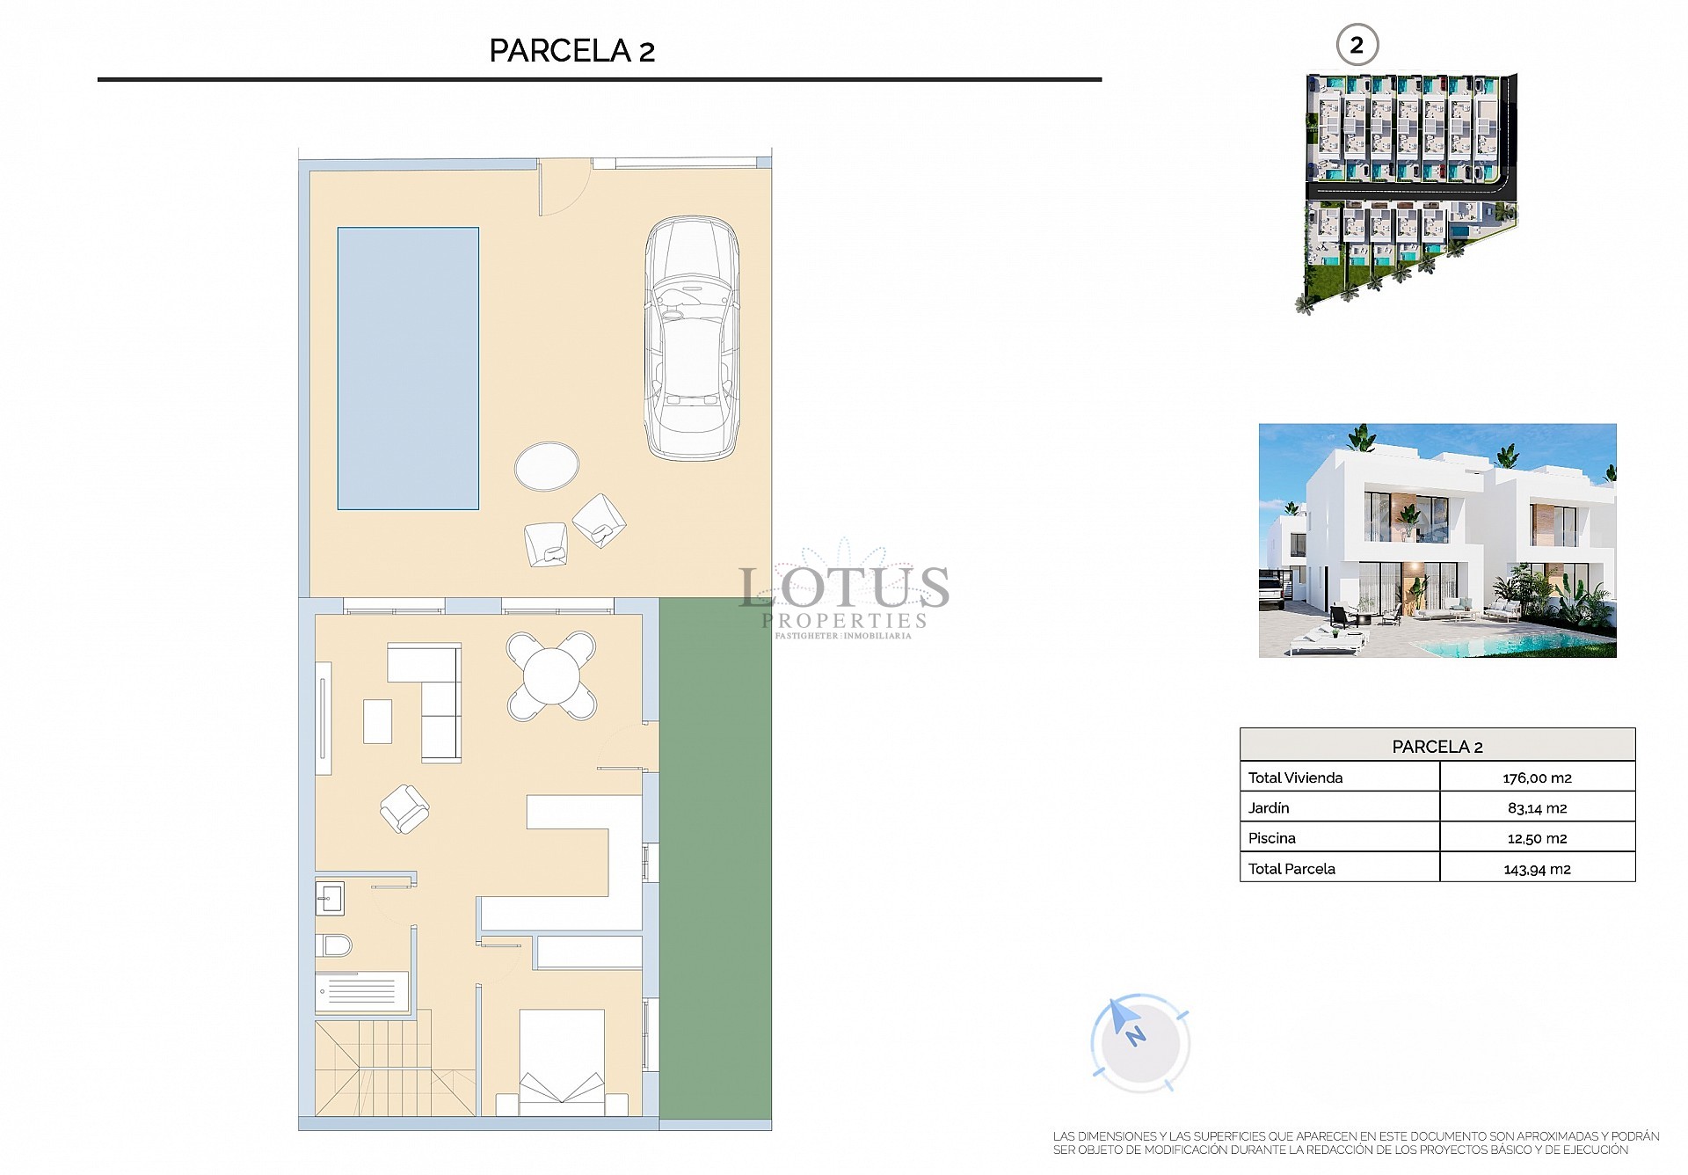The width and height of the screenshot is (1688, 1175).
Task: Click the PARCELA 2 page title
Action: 571,51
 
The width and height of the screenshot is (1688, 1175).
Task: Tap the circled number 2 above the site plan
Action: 1357,46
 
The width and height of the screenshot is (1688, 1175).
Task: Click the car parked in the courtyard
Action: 692,338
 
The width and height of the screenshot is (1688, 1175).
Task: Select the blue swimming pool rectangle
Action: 408,369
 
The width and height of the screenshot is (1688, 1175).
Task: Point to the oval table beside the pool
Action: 547,466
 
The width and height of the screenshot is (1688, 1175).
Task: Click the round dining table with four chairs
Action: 551,676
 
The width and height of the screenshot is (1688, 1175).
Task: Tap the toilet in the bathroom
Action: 334,945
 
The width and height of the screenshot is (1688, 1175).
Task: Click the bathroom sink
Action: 331,899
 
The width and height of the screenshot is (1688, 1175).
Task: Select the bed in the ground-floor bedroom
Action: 561,1062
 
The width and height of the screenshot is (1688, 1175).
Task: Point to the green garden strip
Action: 715,858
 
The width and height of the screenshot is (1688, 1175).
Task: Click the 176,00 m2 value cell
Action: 1537,777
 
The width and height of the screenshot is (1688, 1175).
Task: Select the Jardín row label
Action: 1269,807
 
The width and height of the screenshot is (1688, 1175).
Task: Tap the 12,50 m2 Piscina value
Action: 1537,838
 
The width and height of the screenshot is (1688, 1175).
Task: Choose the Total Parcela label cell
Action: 1291,869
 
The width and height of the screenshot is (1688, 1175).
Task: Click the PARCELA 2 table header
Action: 1437,746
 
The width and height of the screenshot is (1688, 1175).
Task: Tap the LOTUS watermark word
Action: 844,587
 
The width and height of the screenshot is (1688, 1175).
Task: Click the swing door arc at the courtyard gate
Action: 563,192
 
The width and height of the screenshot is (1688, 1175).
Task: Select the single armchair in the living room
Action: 404,808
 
